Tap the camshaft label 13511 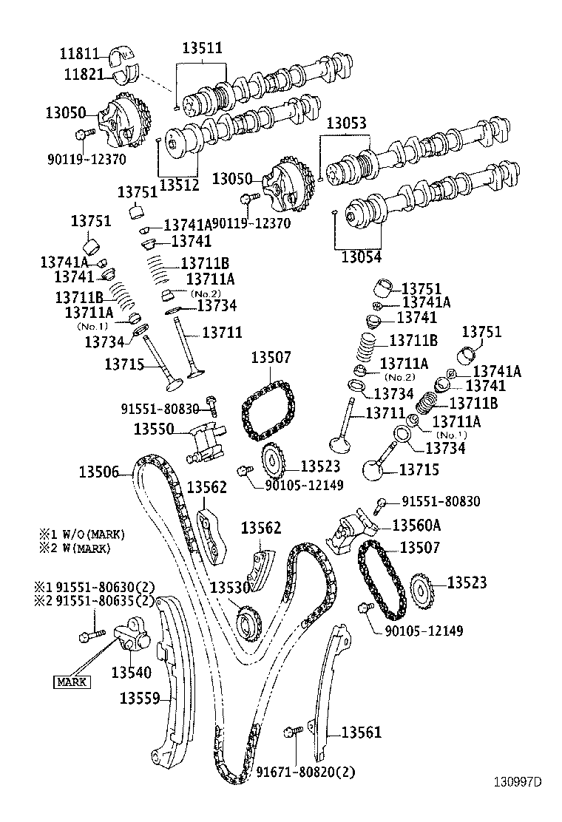201,48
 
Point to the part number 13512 179,185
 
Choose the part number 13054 362,257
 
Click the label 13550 153,429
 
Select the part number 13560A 416,525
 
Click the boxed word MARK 71,682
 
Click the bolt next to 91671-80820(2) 291,732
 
